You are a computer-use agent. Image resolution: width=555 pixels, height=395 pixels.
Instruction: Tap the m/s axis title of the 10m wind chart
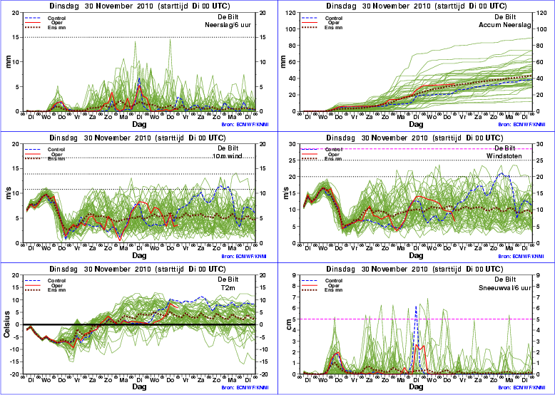pos(9,195)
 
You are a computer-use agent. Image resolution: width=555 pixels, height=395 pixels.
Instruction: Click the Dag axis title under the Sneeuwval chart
pos(417,386)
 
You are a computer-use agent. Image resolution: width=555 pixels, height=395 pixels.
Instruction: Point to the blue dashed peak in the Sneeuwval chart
pos(416,307)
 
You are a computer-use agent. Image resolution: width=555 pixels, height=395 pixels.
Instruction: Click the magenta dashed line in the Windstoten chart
pos(428,149)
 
